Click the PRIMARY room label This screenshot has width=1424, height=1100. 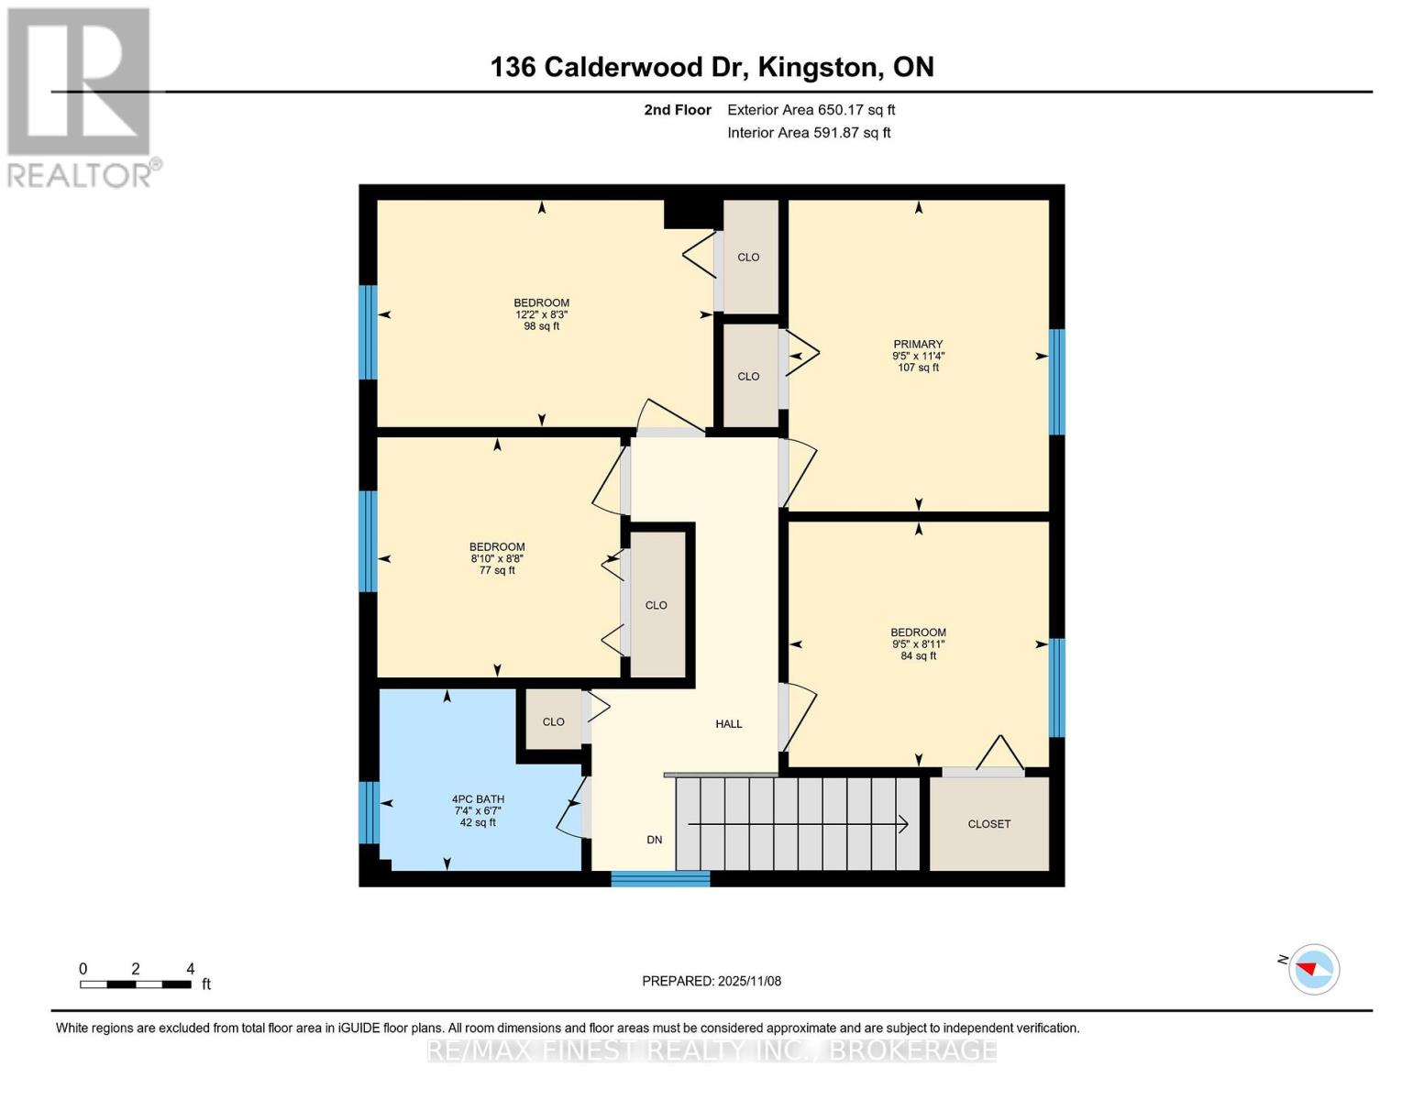coord(918,345)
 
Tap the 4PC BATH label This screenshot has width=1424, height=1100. coord(478,799)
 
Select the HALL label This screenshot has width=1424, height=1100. coord(729,724)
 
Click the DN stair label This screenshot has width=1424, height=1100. coord(654,840)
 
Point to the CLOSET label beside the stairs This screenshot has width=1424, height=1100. coord(988,824)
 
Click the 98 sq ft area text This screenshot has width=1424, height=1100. coord(541,326)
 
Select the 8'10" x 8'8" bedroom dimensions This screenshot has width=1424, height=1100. coord(497,558)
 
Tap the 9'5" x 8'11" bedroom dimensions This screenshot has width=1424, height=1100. coord(918,644)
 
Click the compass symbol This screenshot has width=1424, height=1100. coord(1313,969)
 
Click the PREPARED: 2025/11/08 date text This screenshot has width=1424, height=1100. coord(712,981)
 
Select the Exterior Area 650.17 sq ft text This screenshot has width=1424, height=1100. coord(811,110)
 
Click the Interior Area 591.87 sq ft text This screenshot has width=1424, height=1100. coord(809,133)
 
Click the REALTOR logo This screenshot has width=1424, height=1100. coord(80,96)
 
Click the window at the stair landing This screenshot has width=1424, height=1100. coord(660,879)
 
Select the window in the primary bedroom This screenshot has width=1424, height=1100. coord(1056,381)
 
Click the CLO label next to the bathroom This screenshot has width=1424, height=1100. coord(553,722)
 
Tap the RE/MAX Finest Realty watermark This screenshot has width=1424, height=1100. coord(712,1050)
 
